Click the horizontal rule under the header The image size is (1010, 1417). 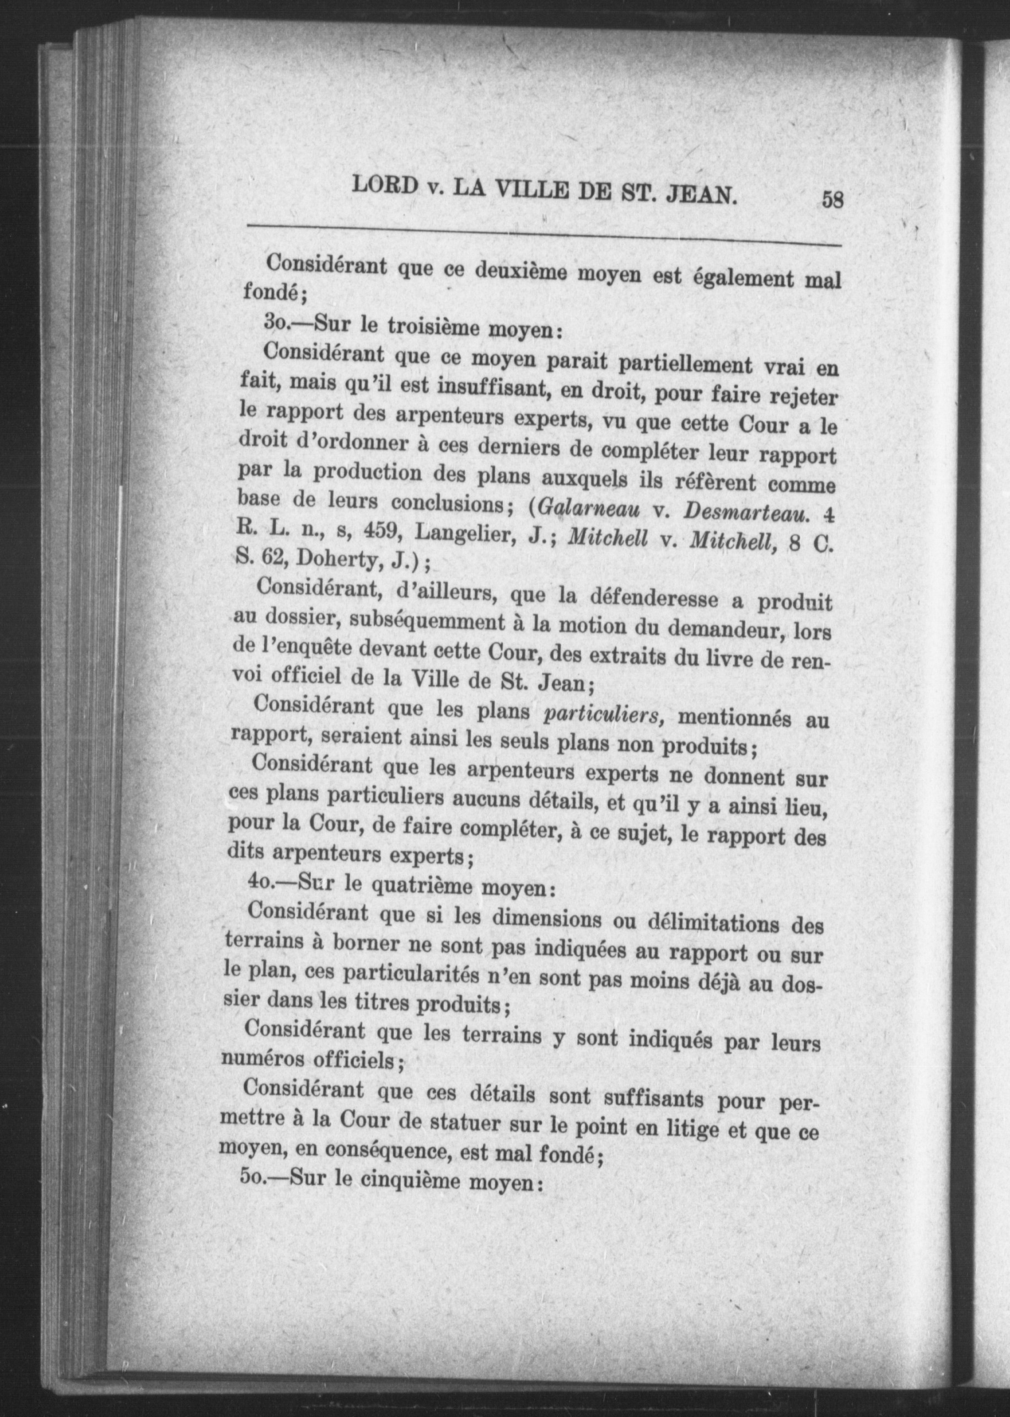click(x=544, y=235)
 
